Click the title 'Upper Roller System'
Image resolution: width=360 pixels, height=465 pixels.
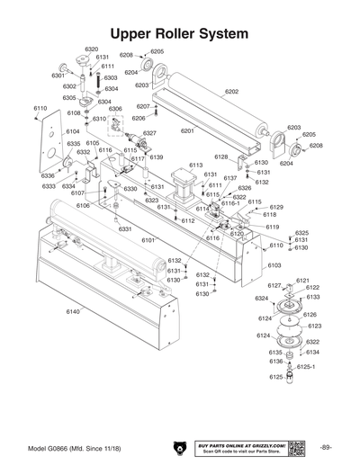[x=179, y=33]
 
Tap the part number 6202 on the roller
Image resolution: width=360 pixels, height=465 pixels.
[x=231, y=92]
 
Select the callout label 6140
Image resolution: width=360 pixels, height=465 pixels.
[x=73, y=310]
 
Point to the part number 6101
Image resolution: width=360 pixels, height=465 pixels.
[x=148, y=240]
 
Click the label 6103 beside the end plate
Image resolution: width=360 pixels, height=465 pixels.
[x=274, y=265]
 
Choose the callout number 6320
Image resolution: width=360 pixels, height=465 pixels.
[x=91, y=49]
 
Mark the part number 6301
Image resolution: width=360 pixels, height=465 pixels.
[x=58, y=76]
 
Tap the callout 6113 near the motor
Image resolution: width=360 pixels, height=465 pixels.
[x=195, y=165]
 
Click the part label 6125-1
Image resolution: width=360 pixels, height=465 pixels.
[x=306, y=367]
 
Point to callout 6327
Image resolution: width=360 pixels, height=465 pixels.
[x=149, y=133]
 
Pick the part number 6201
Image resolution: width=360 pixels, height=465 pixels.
[x=187, y=131]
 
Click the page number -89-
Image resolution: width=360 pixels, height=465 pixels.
[x=325, y=448]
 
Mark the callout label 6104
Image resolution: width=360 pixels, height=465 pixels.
[x=72, y=131]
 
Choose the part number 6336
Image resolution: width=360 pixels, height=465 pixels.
[x=48, y=176]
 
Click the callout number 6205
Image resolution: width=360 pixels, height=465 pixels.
[x=157, y=51]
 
